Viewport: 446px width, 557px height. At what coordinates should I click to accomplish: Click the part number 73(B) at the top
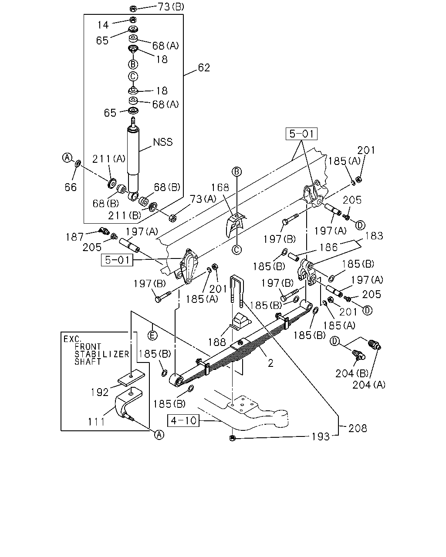point(171,7)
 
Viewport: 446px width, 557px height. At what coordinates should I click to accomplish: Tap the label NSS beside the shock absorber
point(163,142)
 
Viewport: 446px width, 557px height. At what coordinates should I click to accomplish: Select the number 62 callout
point(204,68)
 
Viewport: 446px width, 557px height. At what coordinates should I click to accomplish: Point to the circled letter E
point(152,336)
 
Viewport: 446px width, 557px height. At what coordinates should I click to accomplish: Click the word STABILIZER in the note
point(101,354)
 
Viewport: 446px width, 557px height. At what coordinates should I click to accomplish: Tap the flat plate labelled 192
point(132,379)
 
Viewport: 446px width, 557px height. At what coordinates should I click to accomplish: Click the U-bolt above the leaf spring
point(237,291)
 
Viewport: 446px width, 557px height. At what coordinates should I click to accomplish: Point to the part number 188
point(217,342)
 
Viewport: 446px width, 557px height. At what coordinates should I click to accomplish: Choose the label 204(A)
point(369,385)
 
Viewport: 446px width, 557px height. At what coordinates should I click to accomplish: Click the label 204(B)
point(352,373)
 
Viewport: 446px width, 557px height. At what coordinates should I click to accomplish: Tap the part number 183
point(374,236)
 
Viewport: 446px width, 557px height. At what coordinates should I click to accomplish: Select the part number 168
point(220,188)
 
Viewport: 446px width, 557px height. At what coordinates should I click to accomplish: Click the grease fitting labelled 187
point(105,231)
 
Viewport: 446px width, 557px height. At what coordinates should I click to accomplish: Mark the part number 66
point(71,188)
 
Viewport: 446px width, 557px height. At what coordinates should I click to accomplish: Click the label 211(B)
point(125,215)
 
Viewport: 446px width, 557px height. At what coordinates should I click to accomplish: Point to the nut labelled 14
point(133,20)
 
